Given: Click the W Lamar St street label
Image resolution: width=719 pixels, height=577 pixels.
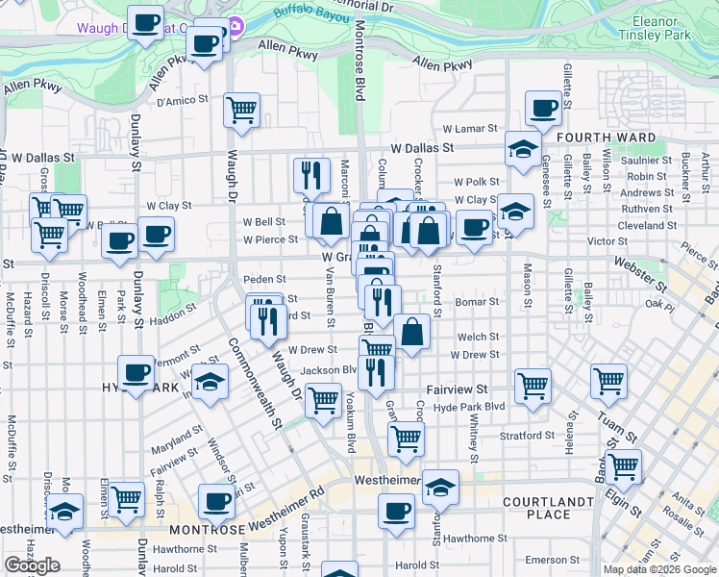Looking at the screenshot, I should coord(470,128).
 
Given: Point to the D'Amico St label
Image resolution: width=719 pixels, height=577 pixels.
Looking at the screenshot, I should coord(183,100).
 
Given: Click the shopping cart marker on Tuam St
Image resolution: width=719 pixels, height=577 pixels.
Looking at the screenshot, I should coord(609,381).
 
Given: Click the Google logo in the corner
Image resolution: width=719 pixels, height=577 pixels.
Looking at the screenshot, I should coord(32,565).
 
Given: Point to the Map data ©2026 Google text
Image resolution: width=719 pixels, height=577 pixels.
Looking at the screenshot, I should coord(658,569).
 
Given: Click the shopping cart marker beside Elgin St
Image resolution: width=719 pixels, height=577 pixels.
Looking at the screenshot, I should coord(623,466).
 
